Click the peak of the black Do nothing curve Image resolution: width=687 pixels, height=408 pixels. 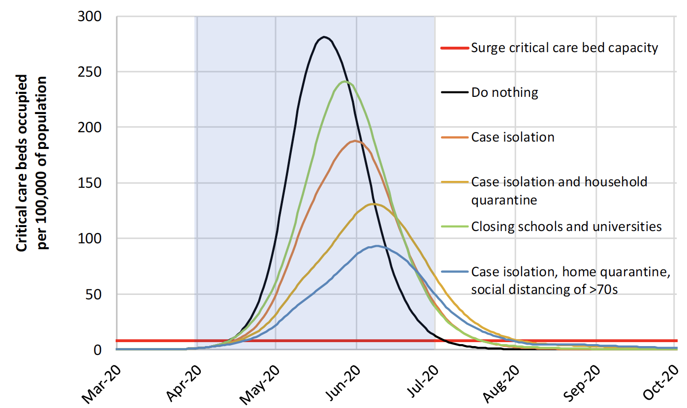(x=324, y=37)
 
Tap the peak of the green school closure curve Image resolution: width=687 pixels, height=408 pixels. (x=345, y=82)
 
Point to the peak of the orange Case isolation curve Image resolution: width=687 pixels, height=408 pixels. (x=355, y=141)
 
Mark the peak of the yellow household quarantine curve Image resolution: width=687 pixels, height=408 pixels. (x=373, y=204)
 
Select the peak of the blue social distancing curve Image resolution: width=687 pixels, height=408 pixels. (x=377, y=246)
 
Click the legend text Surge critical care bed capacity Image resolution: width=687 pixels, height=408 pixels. (x=564, y=48)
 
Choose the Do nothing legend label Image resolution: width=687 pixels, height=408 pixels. (x=504, y=92)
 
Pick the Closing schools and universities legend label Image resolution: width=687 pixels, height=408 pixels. (x=566, y=226)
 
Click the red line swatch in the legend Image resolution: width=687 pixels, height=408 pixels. (x=453, y=48)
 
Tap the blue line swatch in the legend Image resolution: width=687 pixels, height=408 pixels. (x=453, y=271)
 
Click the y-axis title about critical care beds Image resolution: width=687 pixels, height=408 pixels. (x=32, y=163)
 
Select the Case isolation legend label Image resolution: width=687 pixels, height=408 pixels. (x=513, y=137)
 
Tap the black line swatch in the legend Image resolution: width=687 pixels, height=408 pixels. (x=453, y=92)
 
